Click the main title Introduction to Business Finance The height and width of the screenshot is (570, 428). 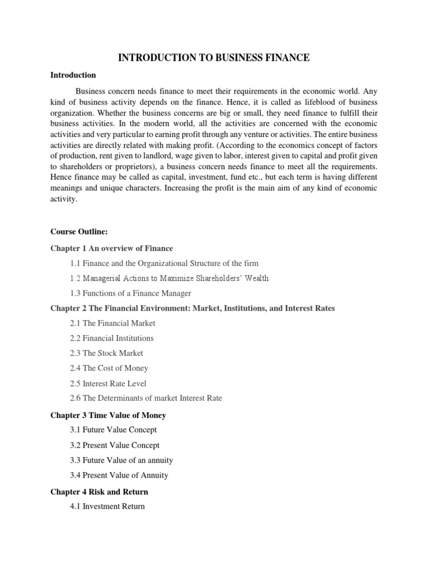pyautogui.click(x=213, y=57)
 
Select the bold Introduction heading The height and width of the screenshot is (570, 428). pyautogui.click(x=73, y=75)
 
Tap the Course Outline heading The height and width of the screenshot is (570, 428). pyautogui.click(x=77, y=232)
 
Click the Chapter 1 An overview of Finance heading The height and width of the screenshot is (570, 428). pyautogui.click(x=111, y=248)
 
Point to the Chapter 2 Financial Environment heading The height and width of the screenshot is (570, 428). pyautogui.click(x=192, y=308)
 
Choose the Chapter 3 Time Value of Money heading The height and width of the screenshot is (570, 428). pyautogui.click(x=108, y=415)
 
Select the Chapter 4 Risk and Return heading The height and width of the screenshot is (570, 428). pyautogui.click(x=99, y=492)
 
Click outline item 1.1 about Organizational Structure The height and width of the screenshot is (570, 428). pyautogui.click(x=164, y=263)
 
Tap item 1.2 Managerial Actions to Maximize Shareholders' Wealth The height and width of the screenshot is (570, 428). pyautogui.click(x=169, y=278)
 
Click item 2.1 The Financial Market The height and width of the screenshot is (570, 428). pyautogui.click(x=113, y=323)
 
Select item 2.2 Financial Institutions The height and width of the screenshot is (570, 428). pyautogui.click(x=111, y=338)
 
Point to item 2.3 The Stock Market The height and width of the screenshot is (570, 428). pyautogui.click(x=106, y=353)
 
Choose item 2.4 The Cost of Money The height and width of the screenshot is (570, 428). pyautogui.click(x=109, y=368)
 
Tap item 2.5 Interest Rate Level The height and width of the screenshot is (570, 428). pyautogui.click(x=108, y=383)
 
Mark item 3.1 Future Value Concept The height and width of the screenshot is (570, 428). pyautogui.click(x=113, y=430)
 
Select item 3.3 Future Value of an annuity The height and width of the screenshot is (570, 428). pyautogui.click(x=121, y=460)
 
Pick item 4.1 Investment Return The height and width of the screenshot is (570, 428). pyautogui.click(x=107, y=507)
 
